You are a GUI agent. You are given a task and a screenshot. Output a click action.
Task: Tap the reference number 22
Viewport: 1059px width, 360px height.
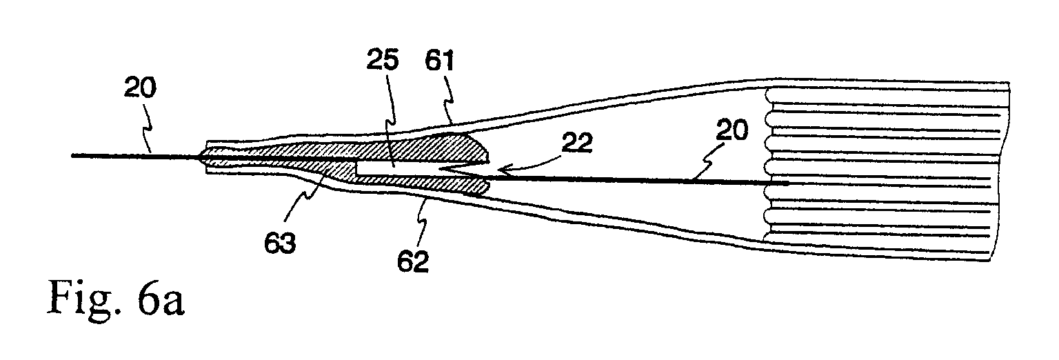point(577,142)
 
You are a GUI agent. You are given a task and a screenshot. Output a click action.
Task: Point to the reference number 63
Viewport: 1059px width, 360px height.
point(280,243)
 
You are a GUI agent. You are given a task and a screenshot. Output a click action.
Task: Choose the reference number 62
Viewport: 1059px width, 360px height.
point(413,261)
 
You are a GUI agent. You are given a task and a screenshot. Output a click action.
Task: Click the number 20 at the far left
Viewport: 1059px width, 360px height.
point(140,88)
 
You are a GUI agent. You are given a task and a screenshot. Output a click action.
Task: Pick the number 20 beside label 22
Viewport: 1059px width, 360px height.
point(732,130)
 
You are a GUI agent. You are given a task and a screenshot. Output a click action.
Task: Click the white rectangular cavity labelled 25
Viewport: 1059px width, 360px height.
point(397,168)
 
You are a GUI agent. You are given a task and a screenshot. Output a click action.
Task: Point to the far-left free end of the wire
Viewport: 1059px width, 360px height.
point(72,155)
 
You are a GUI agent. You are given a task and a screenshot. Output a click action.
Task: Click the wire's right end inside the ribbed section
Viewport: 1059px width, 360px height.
point(787,183)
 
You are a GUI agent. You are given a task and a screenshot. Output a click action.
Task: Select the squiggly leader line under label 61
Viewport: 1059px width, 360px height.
point(447,106)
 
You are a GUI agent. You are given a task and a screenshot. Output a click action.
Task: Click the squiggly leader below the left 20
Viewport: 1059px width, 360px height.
point(148,127)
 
